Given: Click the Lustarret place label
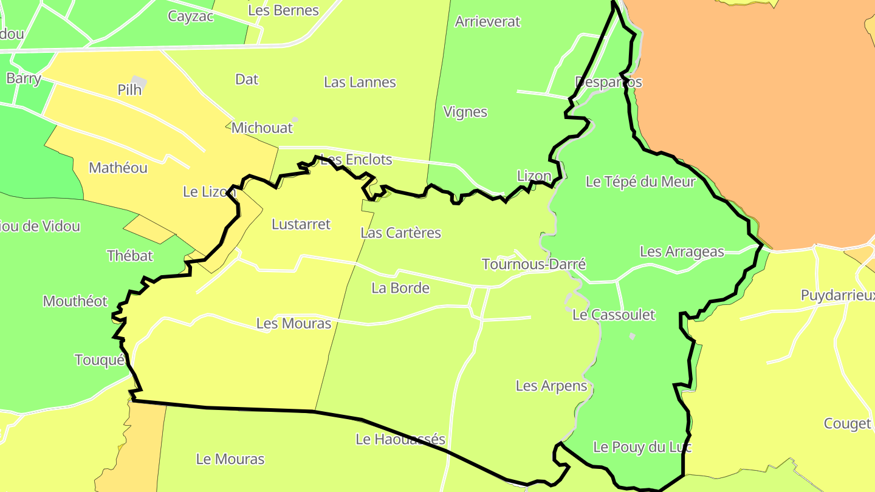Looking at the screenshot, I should tap(301, 224).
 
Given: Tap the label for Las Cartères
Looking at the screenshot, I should tap(400, 233).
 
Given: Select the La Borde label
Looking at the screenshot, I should tap(400, 288).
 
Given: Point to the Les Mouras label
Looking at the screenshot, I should tap(293, 323).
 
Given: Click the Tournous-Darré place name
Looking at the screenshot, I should tap(534, 264).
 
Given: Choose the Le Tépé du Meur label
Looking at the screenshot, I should tap(640, 181).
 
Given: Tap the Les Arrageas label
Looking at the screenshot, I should tap(682, 251).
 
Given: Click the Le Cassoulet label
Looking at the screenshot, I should tap(614, 315).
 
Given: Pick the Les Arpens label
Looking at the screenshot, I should tap(551, 386).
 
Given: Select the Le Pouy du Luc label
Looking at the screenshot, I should tap(642, 447).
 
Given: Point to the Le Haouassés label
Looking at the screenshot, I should tap(400, 439).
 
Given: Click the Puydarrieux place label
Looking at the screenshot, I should tap(837, 296).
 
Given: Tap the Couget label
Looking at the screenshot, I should tap(847, 423).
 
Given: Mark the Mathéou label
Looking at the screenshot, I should tap(118, 168).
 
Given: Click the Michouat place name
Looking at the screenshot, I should tap(262, 128).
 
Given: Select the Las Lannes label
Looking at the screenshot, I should tap(360, 82).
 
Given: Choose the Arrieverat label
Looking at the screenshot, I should tap(487, 21).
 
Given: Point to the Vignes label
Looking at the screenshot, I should tap(465, 112).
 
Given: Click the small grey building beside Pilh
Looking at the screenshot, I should tap(139, 81).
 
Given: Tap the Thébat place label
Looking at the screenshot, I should tap(130, 256).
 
